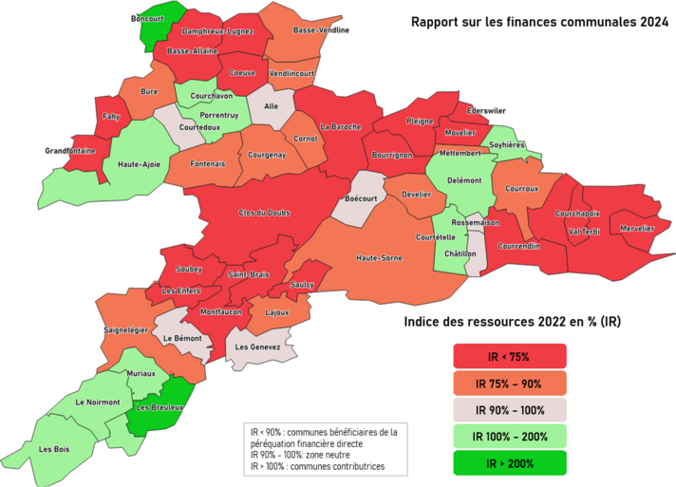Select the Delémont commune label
click(x=464, y=179)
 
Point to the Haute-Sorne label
click(x=377, y=257)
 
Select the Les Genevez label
click(x=257, y=347)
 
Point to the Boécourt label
click(x=362, y=198)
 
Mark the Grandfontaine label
click(x=69, y=151)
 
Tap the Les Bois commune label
click(x=53, y=448)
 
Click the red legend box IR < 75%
click(x=510, y=356)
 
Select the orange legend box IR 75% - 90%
click(x=510, y=383)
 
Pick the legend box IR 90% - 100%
click(x=510, y=410)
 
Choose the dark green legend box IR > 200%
click(x=510, y=463)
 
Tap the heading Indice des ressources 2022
click(x=512, y=322)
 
